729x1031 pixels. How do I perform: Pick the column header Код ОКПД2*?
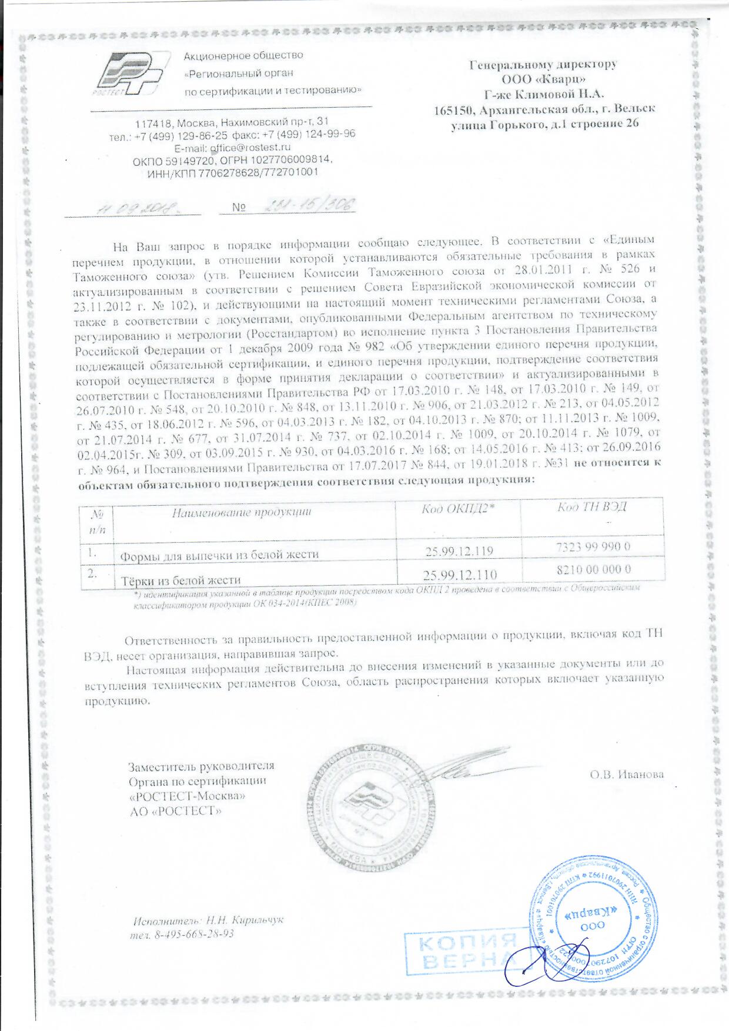458,509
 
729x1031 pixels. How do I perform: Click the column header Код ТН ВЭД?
591,506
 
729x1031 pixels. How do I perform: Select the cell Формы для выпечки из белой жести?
219,554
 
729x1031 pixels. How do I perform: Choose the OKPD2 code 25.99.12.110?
459,575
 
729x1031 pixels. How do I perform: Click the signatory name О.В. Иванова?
627,774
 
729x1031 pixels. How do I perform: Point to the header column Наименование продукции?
241,512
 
